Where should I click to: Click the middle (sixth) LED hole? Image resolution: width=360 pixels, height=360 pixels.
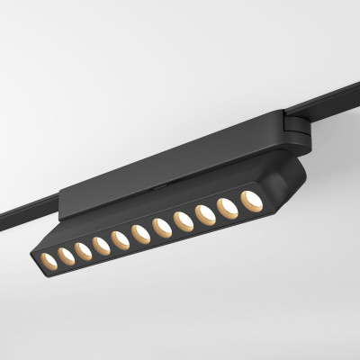coord(139,233)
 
